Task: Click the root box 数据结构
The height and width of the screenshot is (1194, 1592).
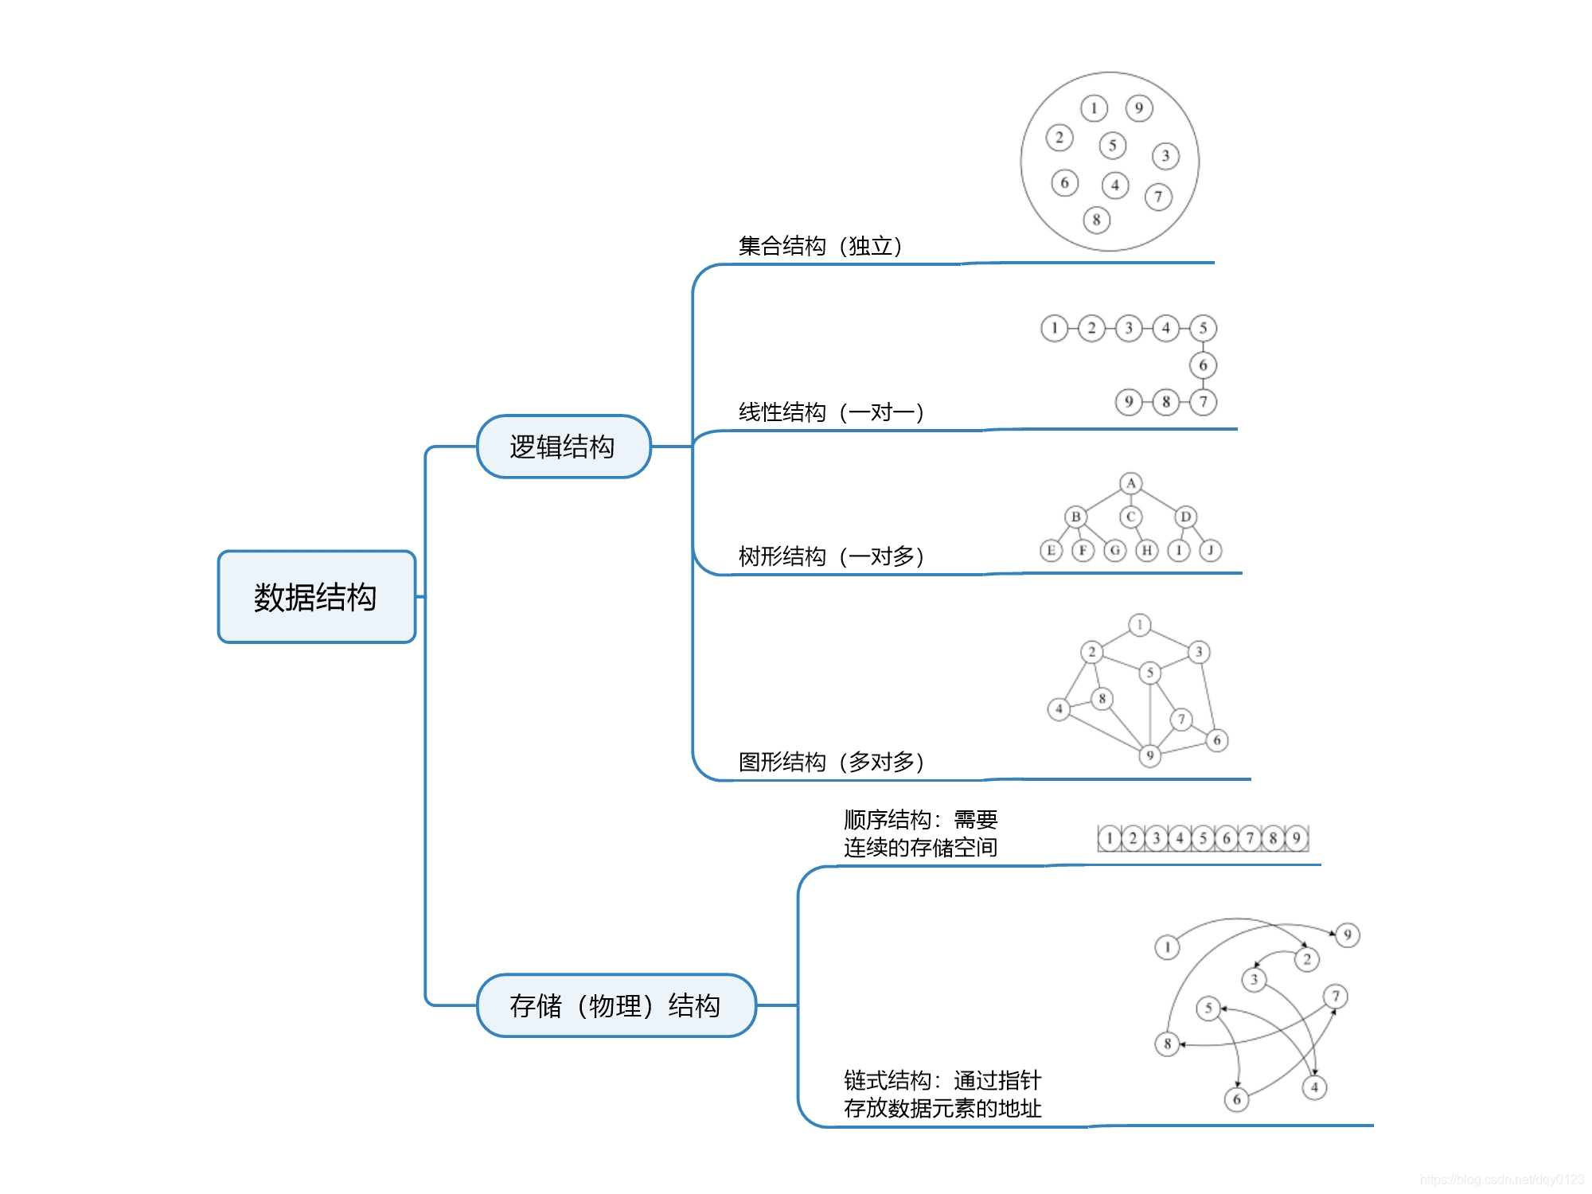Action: coord(316,597)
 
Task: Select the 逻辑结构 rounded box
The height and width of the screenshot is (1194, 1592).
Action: coord(563,447)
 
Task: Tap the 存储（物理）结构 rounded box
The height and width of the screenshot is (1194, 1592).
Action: coord(615,1005)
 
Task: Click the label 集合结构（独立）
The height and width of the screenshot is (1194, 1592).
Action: coord(820,246)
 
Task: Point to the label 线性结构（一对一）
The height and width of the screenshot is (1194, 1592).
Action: coord(831,412)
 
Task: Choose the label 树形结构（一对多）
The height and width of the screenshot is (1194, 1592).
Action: coord(831,556)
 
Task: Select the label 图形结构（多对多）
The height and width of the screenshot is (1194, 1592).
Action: coord(831,763)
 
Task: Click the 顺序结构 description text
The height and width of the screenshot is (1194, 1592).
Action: coord(920,833)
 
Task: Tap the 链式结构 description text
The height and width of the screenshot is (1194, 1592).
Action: coord(942,1094)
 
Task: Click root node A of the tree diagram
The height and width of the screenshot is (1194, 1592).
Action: coord(1131,483)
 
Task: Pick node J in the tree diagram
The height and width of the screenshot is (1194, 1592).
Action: coord(1211,550)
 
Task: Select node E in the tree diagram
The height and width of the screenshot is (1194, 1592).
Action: coord(1051,550)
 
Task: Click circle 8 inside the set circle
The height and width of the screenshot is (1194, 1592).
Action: coord(1096,220)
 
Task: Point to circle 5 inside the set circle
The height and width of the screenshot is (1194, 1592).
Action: coord(1113,146)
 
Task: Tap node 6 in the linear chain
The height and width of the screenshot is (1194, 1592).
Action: coord(1203,365)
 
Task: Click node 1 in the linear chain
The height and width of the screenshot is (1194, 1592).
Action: coord(1054,328)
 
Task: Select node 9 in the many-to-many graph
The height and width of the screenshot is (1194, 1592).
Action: coord(1149,755)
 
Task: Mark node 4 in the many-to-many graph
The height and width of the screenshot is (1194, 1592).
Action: coord(1059,708)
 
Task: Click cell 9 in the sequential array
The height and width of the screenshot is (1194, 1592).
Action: coord(1297,838)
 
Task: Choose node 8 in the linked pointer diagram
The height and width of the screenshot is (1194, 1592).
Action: coord(1167,1044)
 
